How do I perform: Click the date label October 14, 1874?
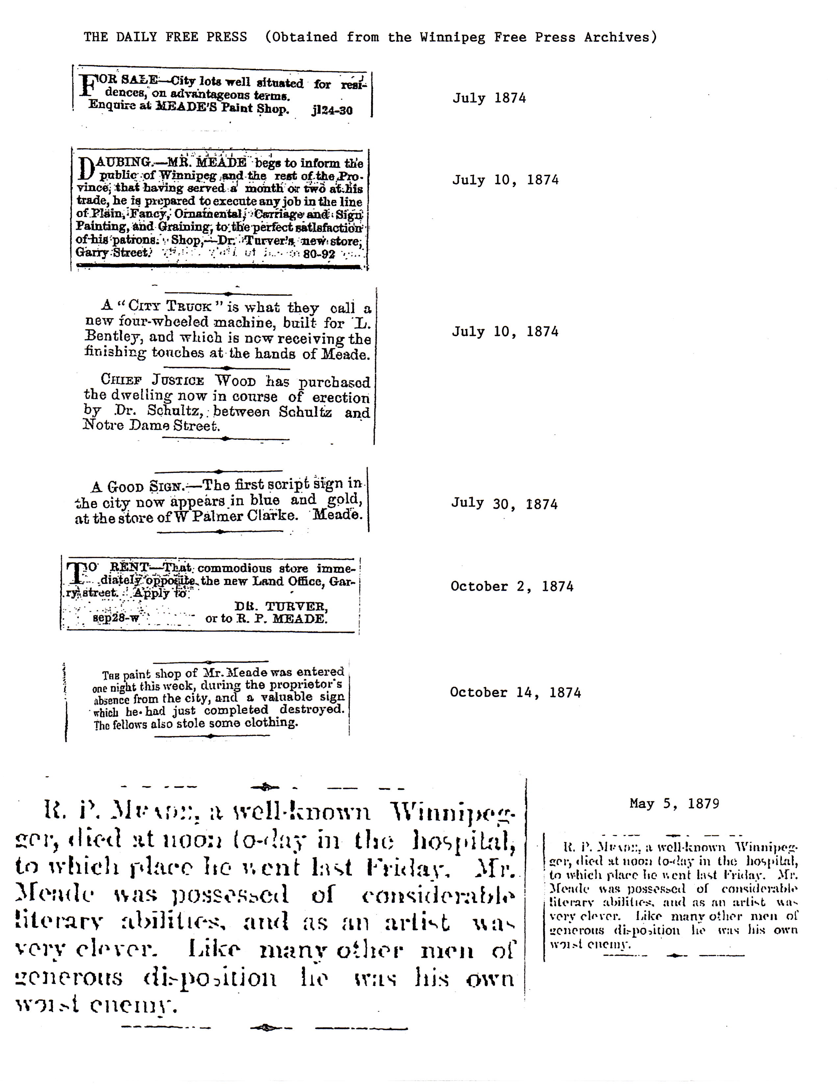(515, 692)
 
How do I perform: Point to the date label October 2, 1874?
(511, 586)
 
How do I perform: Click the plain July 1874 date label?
(489, 98)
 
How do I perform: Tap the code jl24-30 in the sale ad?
(332, 110)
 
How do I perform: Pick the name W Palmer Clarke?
(235, 516)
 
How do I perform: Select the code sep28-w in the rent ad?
(116, 619)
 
